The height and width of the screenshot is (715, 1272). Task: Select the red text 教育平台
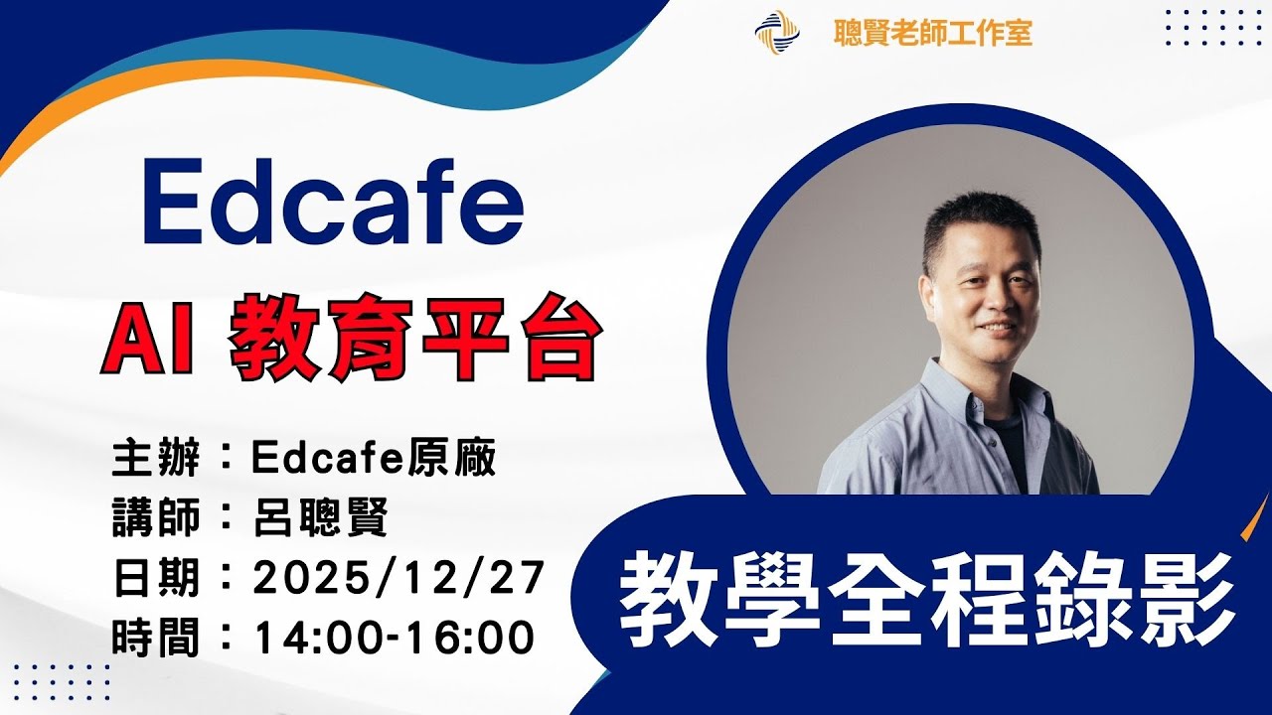[x=415, y=341]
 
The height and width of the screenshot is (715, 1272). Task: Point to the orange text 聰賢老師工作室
[x=933, y=34]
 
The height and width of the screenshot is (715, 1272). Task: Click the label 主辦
[x=158, y=459]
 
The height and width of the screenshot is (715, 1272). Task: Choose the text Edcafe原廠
[x=373, y=459]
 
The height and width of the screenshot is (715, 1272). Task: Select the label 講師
[x=158, y=517]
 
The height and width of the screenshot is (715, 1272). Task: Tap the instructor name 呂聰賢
[x=319, y=517]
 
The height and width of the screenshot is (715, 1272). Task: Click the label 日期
[x=158, y=577]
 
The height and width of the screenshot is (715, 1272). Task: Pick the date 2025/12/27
[x=397, y=577]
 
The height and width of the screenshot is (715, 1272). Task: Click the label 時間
[x=158, y=637]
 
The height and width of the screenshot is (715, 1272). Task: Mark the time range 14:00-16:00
[x=395, y=637]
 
